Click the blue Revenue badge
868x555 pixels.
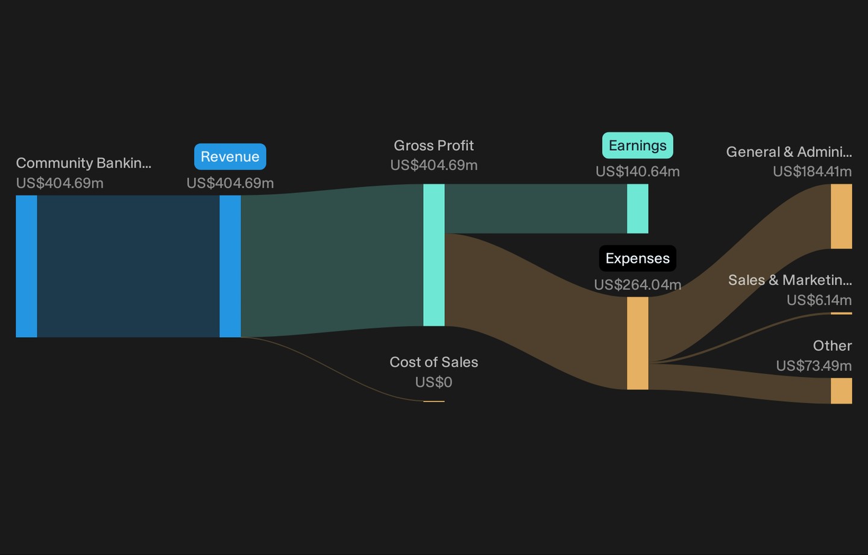(x=230, y=157)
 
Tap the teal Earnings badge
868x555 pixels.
(x=638, y=145)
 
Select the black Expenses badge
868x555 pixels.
(x=638, y=258)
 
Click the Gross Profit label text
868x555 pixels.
(x=433, y=146)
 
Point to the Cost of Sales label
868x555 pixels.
(x=433, y=362)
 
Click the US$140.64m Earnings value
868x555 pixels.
(x=638, y=171)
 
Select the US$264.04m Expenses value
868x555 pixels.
(x=638, y=285)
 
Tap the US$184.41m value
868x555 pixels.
(x=812, y=171)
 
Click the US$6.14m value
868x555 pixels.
(x=819, y=300)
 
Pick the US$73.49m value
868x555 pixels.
(x=814, y=366)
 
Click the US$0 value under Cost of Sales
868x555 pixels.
(x=433, y=382)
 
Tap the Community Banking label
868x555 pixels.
(x=84, y=163)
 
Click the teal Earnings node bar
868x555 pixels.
(x=638, y=209)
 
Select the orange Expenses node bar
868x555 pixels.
(x=638, y=343)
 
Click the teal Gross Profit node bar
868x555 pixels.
(x=433, y=255)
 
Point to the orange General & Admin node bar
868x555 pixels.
(x=841, y=217)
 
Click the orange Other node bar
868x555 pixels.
(x=841, y=391)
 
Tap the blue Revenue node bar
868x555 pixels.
(x=230, y=267)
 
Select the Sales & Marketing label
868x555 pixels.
(x=790, y=280)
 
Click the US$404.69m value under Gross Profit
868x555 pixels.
(x=433, y=165)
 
